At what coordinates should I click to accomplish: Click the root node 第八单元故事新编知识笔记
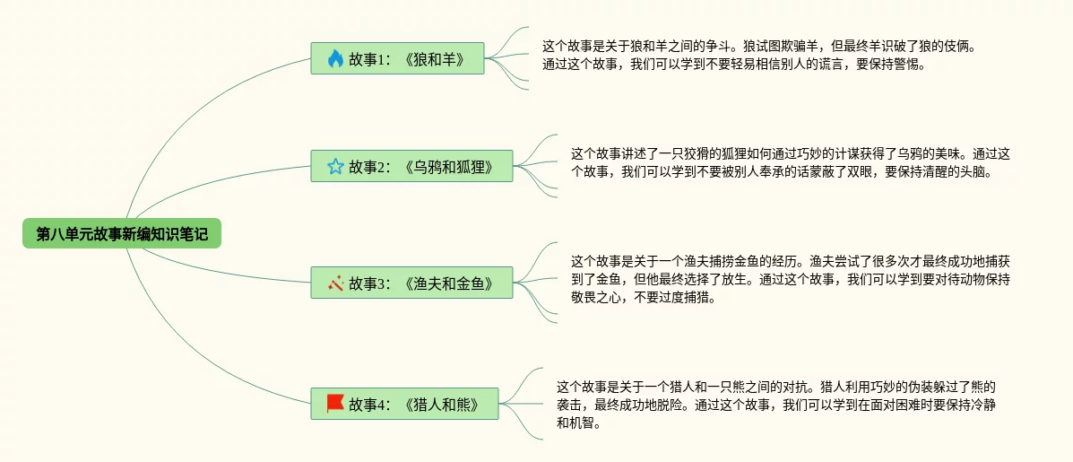click(x=122, y=233)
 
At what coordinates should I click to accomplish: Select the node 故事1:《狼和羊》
click(x=397, y=58)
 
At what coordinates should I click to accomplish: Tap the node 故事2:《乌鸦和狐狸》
click(x=411, y=166)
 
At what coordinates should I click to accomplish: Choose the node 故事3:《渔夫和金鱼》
click(x=411, y=282)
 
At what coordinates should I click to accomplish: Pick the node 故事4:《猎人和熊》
click(x=404, y=403)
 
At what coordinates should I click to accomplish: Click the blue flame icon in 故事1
click(x=335, y=58)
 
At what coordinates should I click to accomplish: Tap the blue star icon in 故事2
click(x=335, y=166)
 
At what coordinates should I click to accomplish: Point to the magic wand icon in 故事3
click(x=335, y=283)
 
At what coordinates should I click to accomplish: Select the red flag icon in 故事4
click(x=335, y=403)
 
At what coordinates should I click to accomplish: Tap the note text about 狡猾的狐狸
click(x=791, y=162)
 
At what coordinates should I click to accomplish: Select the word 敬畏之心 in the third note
click(x=597, y=299)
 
